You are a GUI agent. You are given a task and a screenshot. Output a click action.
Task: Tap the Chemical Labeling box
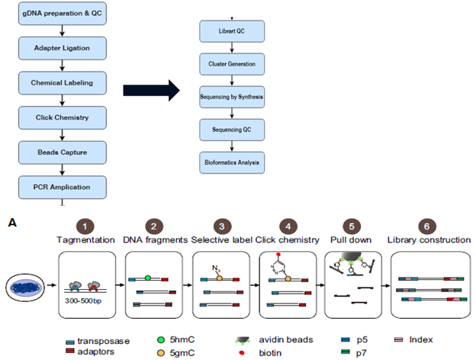(61, 83)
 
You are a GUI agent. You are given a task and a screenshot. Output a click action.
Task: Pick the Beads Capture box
(61, 153)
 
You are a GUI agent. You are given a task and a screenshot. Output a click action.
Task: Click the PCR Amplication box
(61, 187)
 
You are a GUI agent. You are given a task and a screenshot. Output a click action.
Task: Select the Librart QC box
(232, 32)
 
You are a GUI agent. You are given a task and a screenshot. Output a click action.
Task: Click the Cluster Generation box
(232, 65)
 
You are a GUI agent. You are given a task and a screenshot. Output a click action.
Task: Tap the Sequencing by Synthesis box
(232, 98)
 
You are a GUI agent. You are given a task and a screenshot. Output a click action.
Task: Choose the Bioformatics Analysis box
(232, 162)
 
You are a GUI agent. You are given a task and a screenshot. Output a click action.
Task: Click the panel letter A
(10, 222)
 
